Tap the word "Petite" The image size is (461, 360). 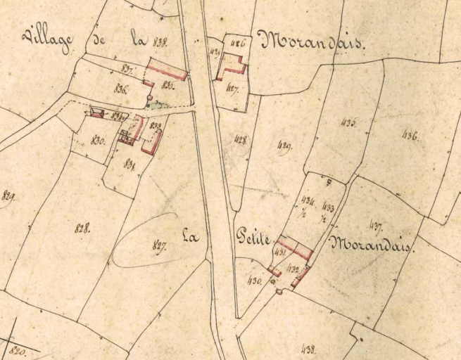click(x=255, y=240)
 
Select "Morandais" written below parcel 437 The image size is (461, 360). click(x=371, y=246)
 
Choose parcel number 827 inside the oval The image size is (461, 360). click(x=158, y=245)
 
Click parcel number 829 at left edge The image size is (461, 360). click(x=9, y=195)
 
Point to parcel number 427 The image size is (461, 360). click(x=234, y=89)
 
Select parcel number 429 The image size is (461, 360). click(x=284, y=146)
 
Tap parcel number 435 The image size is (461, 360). click(x=348, y=122)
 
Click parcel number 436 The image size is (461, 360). click(x=409, y=136)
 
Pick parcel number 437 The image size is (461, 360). click(x=374, y=225)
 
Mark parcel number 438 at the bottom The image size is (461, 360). click(x=308, y=348)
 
